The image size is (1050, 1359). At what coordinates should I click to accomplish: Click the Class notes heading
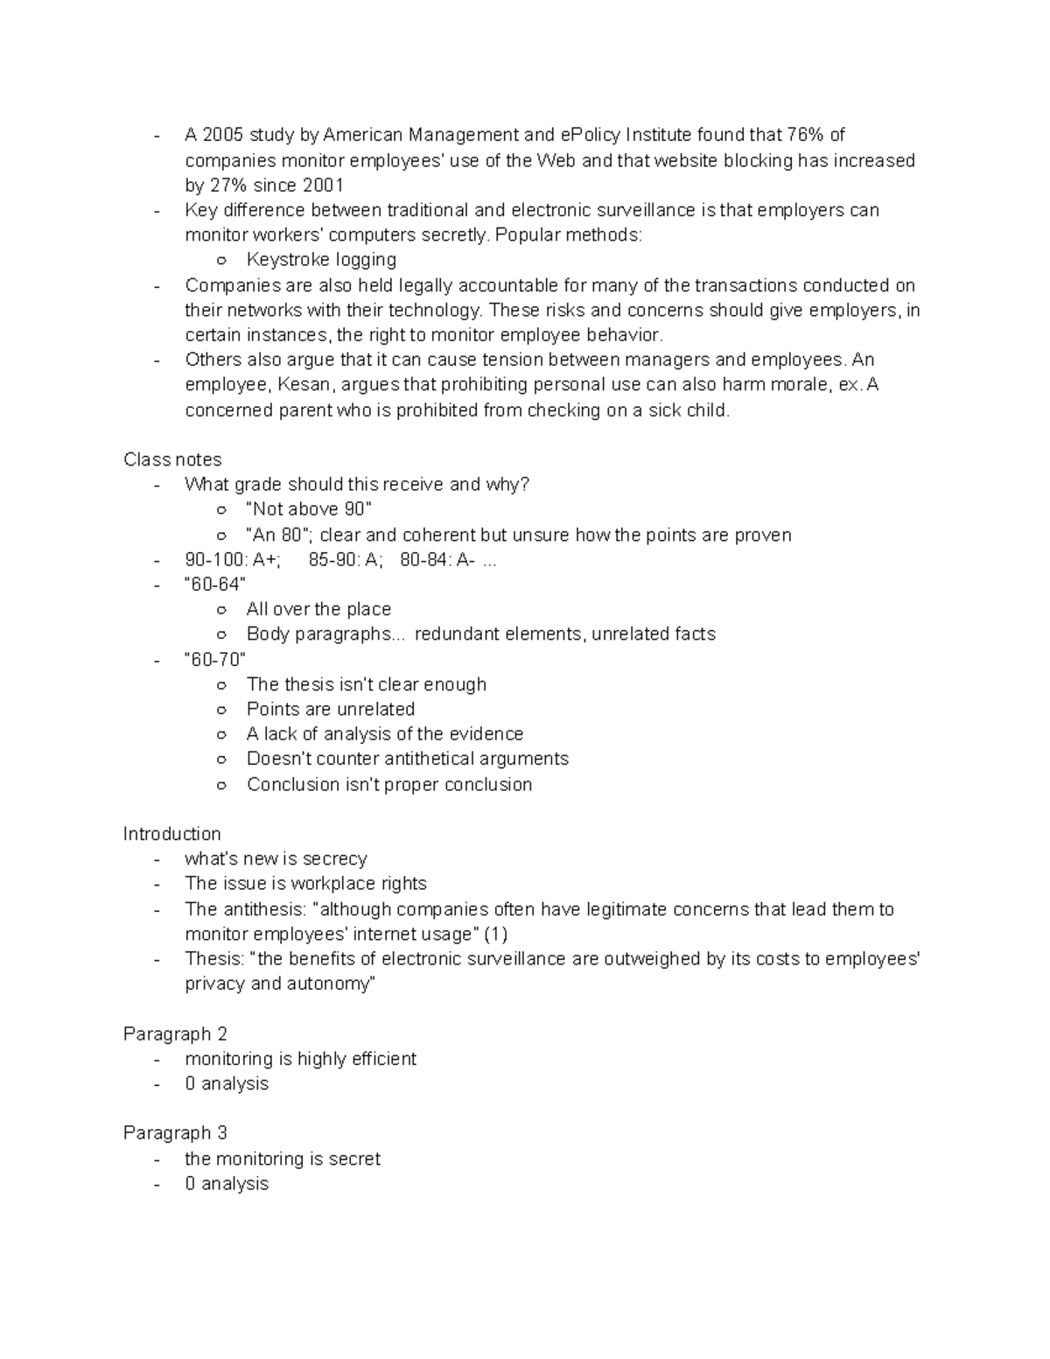172,459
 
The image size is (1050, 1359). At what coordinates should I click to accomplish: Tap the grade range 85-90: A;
346,560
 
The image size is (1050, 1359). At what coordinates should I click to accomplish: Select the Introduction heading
171,834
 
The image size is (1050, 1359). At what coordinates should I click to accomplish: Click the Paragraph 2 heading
175,1034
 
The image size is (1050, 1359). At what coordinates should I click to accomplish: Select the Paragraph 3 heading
175,1133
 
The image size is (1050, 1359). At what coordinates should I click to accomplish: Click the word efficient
384,1059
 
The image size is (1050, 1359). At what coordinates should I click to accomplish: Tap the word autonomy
332,984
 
